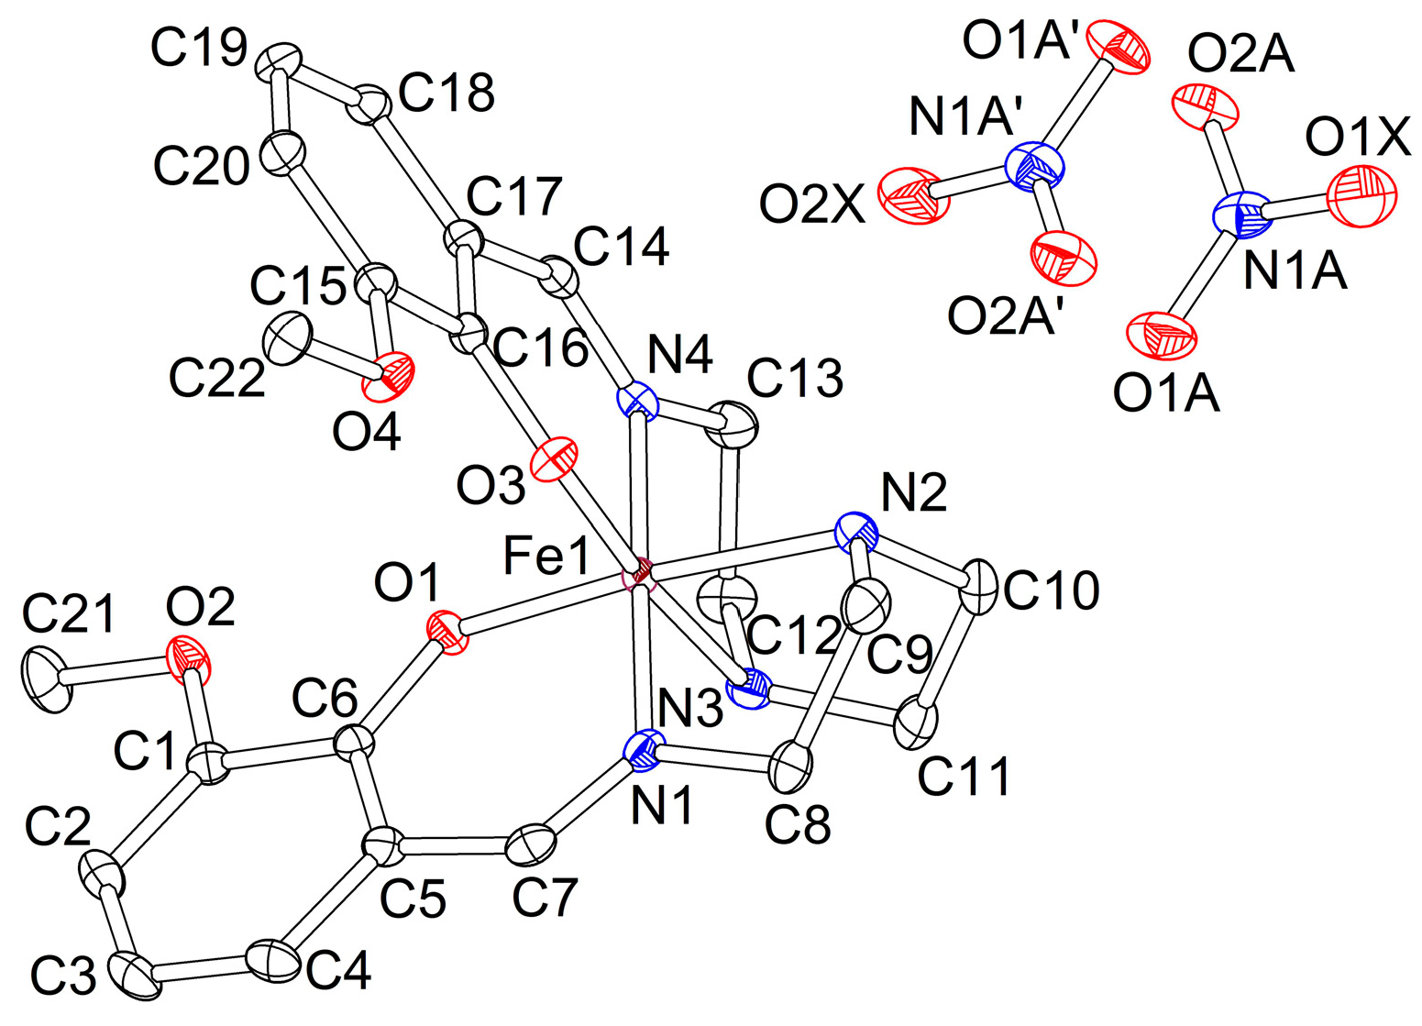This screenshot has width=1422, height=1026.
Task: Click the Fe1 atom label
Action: (x=548, y=558)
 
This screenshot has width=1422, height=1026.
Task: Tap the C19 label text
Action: (x=199, y=48)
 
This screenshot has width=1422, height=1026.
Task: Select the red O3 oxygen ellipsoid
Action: (x=557, y=458)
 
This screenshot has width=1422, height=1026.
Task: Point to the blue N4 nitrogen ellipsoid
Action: (x=638, y=401)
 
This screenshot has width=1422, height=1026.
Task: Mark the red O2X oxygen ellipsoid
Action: (x=913, y=196)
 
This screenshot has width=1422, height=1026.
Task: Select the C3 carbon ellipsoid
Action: (x=134, y=976)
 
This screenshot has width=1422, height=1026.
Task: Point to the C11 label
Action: (x=965, y=775)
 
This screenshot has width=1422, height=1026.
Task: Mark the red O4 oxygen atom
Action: (x=389, y=377)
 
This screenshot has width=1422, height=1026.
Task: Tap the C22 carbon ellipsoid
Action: (x=287, y=337)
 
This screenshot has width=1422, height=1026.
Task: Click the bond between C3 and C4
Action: (x=204, y=967)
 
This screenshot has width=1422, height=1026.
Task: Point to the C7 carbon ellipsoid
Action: (x=531, y=840)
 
